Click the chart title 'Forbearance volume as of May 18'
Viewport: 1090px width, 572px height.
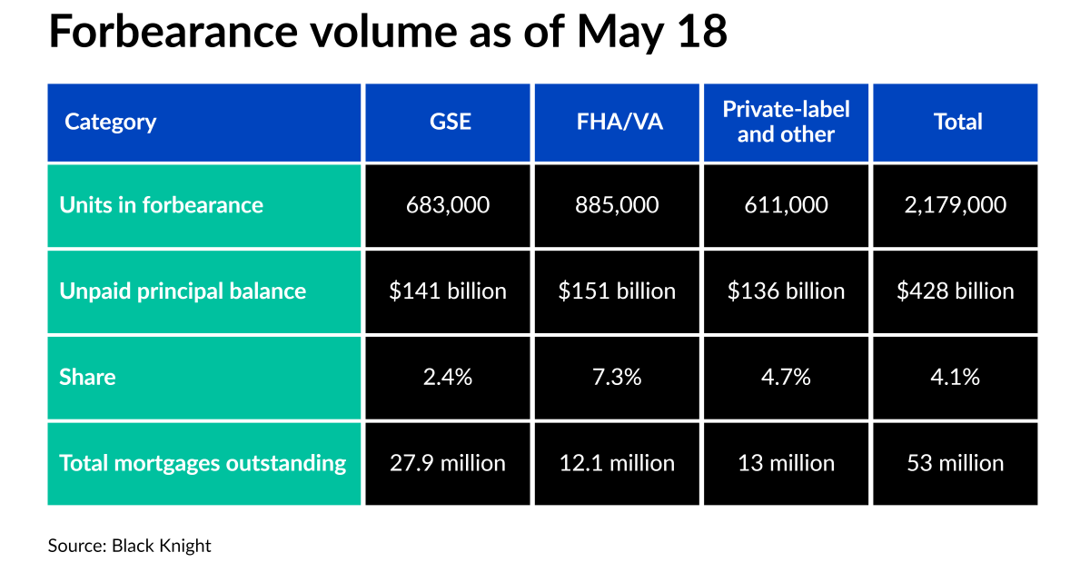[388, 32]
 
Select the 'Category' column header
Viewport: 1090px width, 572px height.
[111, 122]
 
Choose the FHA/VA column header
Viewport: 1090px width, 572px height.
[618, 122]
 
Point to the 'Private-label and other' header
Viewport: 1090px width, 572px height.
[786, 122]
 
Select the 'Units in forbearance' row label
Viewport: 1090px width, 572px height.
[162, 205]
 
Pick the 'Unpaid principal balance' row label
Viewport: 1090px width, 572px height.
[183, 291]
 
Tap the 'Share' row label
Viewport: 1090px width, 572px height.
[87, 377]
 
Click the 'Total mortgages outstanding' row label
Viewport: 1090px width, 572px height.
[203, 463]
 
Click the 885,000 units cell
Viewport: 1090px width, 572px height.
[617, 205]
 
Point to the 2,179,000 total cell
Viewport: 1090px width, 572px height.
[955, 205]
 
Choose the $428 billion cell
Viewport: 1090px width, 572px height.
[955, 291]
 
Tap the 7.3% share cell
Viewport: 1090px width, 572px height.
[617, 377]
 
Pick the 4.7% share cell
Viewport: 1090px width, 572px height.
[786, 377]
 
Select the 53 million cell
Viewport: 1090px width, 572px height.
[955, 463]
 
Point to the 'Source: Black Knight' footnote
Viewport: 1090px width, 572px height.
[129, 546]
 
